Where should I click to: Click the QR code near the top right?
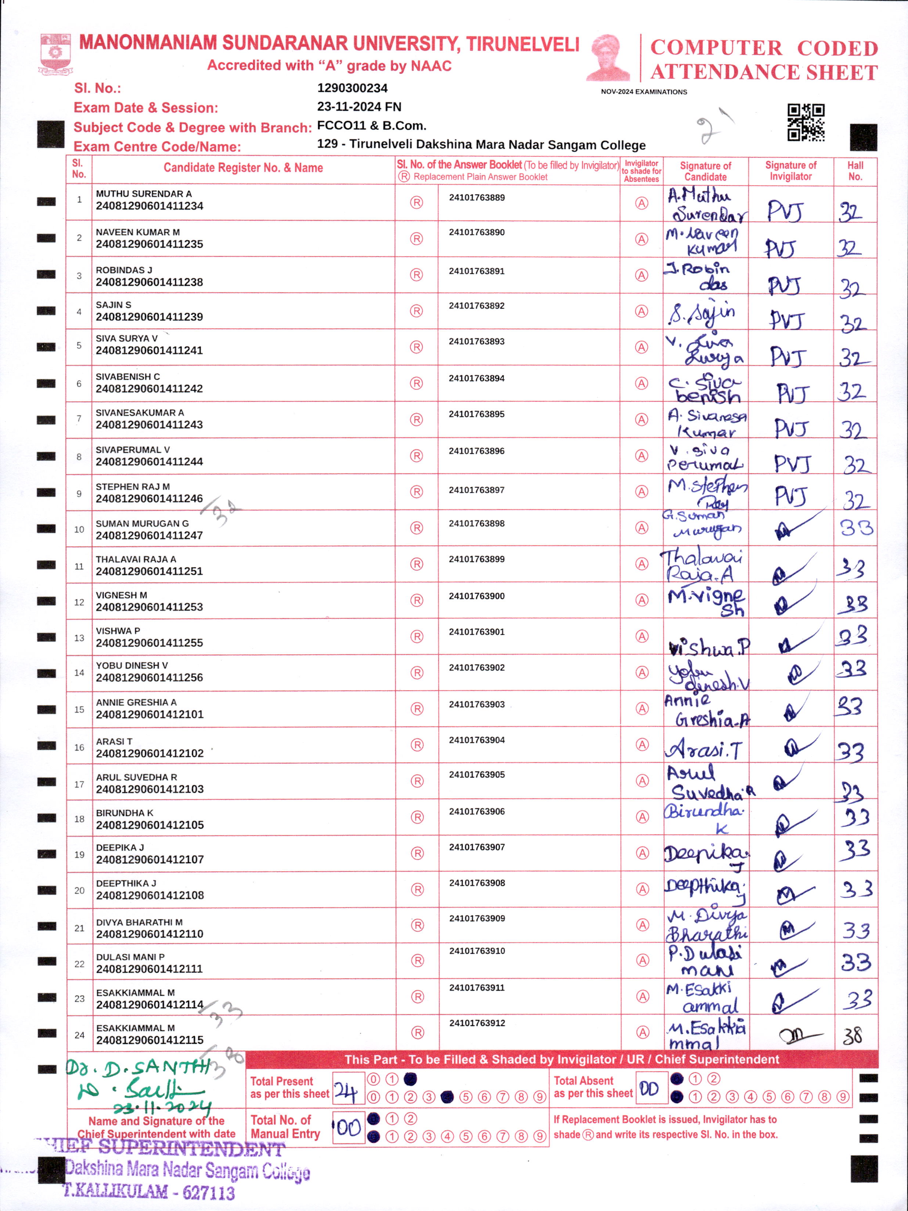click(806, 122)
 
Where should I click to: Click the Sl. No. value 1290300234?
click(352, 88)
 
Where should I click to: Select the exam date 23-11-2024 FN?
click(359, 107)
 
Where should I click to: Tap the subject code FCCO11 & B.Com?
click(371, 126)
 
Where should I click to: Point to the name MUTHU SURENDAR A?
click(144, 194)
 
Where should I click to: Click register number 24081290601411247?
click(149, 535)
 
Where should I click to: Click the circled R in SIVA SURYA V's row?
click(417, 347)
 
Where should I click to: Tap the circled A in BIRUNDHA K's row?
click(642, 817)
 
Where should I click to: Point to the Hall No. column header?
click(855, 171)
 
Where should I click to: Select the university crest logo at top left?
click(55, 54)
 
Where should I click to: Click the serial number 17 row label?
click(79, 784)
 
